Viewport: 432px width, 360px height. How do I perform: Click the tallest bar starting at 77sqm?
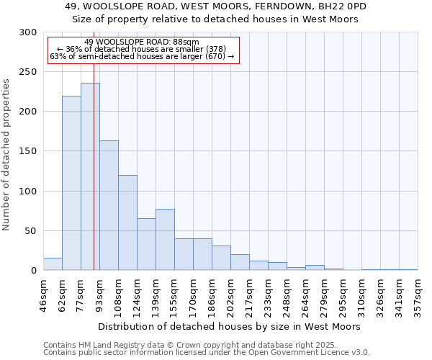pos(90,177)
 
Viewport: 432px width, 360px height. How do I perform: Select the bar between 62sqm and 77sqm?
pos(71,184)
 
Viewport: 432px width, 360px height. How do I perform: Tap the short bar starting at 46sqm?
pos(53,264)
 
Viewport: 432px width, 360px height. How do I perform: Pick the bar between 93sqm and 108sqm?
pos(109,205)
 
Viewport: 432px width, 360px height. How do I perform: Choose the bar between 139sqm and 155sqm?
pos(165,240)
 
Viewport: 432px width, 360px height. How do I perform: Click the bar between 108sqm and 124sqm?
pos(127,222)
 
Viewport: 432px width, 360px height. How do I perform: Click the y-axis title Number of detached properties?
pos(7,155)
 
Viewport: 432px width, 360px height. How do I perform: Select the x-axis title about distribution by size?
pos(230,326)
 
